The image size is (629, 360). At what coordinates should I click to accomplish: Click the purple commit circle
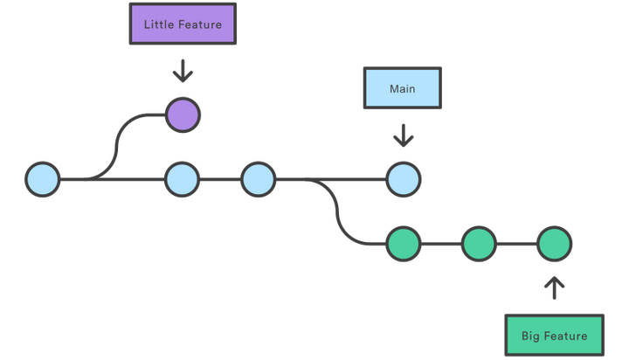pos(183,114)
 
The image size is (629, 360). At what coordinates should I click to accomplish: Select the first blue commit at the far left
pos(42,179)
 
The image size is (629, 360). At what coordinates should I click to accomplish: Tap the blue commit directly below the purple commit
pos(183,179)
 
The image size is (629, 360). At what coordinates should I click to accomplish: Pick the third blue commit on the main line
pos(259,179)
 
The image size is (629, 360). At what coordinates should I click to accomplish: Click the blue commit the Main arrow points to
pos(404,179)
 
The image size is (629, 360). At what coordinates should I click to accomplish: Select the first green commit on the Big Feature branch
pos(404,244)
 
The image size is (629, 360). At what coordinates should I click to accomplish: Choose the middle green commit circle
pos(479,244)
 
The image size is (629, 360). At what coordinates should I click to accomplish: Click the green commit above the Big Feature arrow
pos(554,244)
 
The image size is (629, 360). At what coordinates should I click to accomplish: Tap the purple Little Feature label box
pos(183,24)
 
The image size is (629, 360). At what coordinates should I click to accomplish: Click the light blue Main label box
pos(403,89)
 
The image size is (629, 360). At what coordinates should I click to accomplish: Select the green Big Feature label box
pos(554,336)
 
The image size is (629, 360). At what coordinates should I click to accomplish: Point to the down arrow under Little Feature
pos(183,70)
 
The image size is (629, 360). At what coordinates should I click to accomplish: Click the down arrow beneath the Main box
pos(404,135)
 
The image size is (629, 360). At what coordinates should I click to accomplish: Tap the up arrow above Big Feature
pos(554,287)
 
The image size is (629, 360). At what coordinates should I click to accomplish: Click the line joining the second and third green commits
pos(516,244)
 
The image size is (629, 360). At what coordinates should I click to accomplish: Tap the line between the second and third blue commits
pos(221,179)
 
